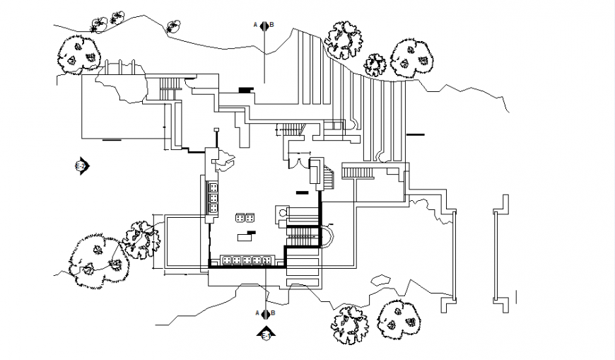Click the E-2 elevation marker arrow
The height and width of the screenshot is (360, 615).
click(81, 166)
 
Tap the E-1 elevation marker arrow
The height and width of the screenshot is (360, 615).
click(266, 333)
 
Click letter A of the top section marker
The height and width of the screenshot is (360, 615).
click(256, 25)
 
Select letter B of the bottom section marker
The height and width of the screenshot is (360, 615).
click(272, 313)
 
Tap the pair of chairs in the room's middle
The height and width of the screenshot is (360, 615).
click(245, 217)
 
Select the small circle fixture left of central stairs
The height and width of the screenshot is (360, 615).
click(283, 211)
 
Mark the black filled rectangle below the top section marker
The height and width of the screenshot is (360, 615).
click(245, 89)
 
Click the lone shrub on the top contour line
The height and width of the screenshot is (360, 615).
click(172, 28)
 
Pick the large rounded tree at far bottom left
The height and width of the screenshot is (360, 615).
click(95, 259)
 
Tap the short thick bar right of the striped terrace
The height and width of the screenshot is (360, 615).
click(416, 134)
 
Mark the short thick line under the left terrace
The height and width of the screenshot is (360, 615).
click(111, 141)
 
